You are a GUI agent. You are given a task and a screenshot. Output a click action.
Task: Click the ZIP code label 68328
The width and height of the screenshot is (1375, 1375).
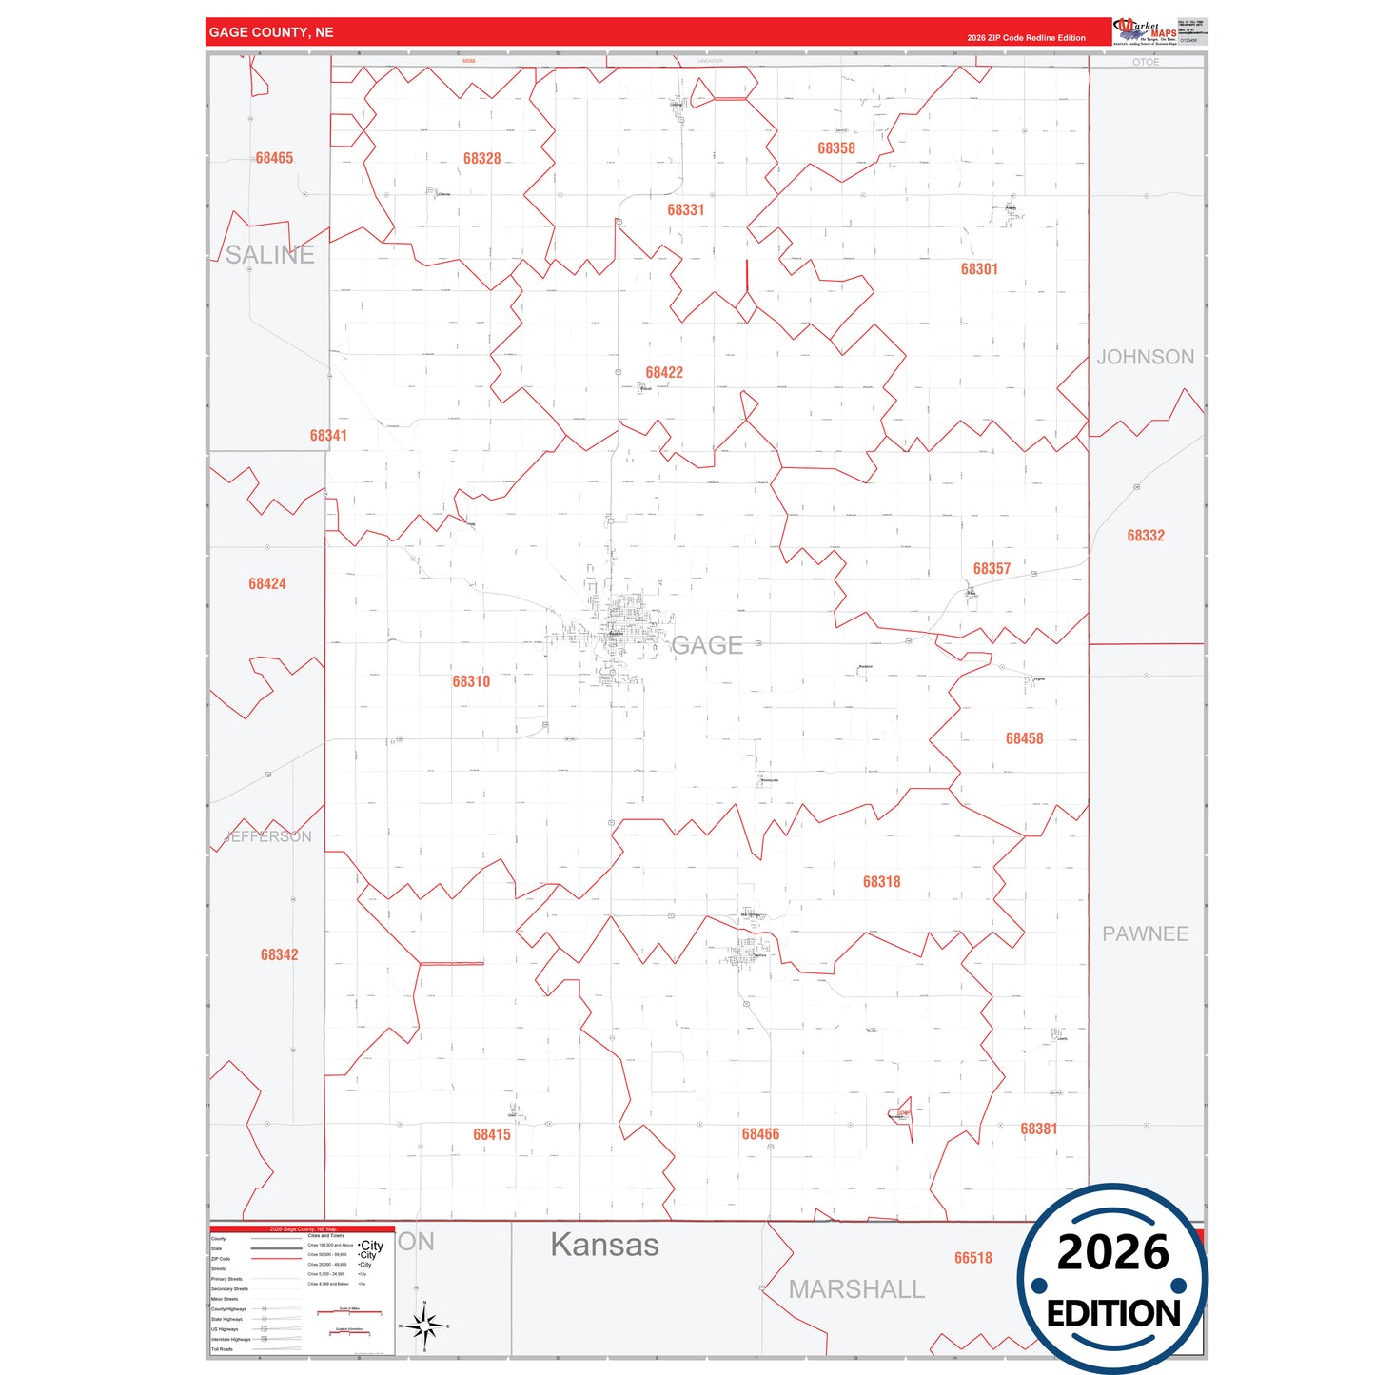pyautogui.click(x=481, y=159)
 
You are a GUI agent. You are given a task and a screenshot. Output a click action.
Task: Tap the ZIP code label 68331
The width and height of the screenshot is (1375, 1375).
pyautogui.click(x=685, y=210)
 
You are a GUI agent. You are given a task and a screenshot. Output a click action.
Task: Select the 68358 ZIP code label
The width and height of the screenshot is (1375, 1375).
pyautogui.click(x=835, y=148)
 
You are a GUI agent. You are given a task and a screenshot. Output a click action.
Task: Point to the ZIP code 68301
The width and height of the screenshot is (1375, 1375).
pyautogui.click(x=978, y=269)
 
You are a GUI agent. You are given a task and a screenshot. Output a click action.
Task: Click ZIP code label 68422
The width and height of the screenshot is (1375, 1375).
pyautogui.click(x=663, y=373)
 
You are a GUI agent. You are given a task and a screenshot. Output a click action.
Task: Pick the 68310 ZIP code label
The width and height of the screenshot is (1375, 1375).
pyautogui.click(x=471, y=681)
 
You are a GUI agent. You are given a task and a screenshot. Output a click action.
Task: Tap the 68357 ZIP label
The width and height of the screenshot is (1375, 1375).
pyautogui.click(x=991, y=569)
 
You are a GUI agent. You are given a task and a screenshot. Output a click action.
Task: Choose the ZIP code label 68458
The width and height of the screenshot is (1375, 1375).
pyautogui.click(x=1024, y=738)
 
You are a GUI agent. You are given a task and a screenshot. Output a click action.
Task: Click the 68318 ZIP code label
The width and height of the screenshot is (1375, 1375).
pyautogui.click(x=881, y=882)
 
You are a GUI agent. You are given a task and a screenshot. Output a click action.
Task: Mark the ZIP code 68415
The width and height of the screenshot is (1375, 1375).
pyautogui.click(x=491, y=1134)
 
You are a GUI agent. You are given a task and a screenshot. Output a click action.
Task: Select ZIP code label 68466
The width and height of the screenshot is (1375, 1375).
pyautogui.click(x=760, y=1134)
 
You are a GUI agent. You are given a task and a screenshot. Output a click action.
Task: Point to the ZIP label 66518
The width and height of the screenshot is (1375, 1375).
pyautogui.click(x=972, y=1258)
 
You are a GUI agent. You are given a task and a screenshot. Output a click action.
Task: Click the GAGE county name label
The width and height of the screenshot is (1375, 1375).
pyautogui.click(x=706, y=645)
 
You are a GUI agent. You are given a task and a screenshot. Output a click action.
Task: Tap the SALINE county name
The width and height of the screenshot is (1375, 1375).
pyautogui.click(x=269, y=255)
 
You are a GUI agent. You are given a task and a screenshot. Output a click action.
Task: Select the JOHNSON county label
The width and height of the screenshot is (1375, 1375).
pyautogui.click(x=1145, y=357)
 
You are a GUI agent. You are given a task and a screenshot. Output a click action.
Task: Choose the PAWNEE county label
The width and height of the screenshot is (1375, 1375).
pyautogui.click(x=1145, y=934)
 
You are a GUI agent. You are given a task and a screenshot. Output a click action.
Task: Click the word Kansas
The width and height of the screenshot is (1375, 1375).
pyautogui.click(x=604, y=1245)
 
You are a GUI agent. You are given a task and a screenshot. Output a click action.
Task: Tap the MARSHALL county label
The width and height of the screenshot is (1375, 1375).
pyautogui.click(x=856, y=1289)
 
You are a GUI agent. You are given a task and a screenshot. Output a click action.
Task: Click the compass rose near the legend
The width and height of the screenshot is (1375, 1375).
pyautogui.click(x=424, y=1326)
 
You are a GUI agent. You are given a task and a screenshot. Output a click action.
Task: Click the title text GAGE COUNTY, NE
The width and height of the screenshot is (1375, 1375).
pyautogui.click(x=271, y=32)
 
